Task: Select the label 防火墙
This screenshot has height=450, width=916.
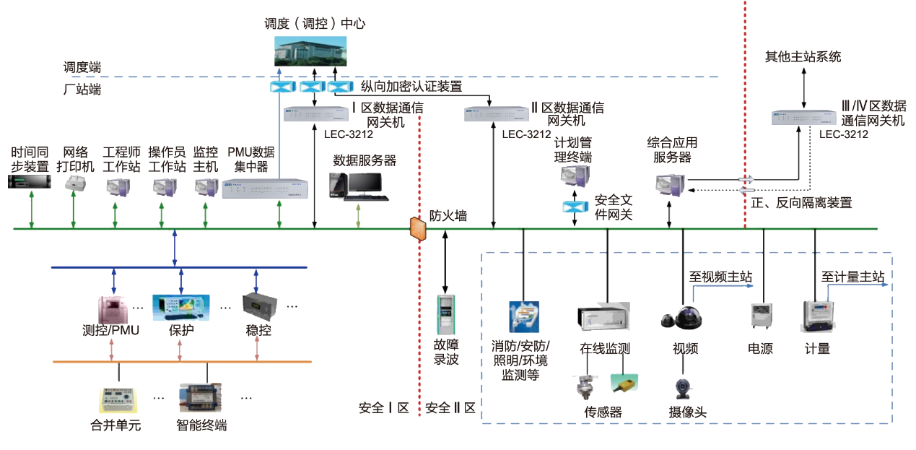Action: [x=448, y=215]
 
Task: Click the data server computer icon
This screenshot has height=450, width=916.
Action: [x=358, y=185]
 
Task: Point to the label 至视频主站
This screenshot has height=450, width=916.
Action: [x=720, y=277]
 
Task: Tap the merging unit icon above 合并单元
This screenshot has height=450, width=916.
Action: [x=118, y=400]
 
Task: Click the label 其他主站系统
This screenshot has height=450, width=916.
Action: [x=803, y=56]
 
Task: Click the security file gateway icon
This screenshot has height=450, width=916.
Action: [x=575, y=207]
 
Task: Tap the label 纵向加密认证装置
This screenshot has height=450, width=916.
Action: [x=411, y=87]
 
